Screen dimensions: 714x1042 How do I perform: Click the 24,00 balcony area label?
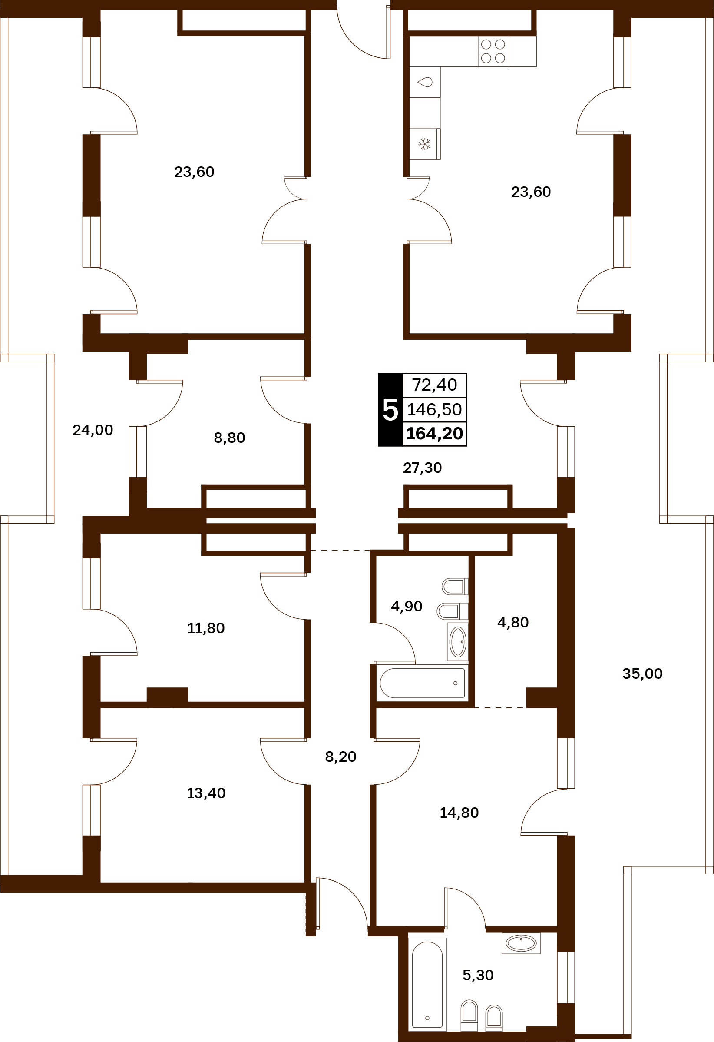tap(93, 430)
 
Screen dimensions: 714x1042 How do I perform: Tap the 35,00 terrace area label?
tap(642, 674)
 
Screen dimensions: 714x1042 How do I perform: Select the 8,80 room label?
tap(229, 438)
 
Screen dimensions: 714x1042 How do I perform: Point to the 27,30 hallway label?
tap(422, 468)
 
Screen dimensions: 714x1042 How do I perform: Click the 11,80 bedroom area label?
tap(206, 628)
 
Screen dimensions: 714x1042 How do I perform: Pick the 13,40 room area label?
tap(206, 793)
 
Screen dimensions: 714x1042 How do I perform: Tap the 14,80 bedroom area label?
tap(459, 813)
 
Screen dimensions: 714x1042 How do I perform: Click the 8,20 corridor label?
tap(340, 757)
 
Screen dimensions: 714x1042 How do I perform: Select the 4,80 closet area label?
tap(513, 622)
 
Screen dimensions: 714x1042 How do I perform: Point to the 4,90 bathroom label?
tap(407, 606)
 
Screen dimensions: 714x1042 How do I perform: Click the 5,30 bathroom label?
tap(478, 975)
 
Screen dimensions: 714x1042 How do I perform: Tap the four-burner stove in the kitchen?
tap(493, 51)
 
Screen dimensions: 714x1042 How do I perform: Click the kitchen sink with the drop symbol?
tap(425, 82)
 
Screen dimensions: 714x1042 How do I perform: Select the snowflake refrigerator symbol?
tap(424, 144)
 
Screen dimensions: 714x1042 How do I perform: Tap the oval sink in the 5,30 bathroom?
tap(521, 943)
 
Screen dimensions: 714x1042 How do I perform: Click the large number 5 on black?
tap(390, 410)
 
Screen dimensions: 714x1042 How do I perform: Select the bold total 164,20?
tap(434, 434)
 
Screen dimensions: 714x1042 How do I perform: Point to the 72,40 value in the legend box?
tap(434, 385)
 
